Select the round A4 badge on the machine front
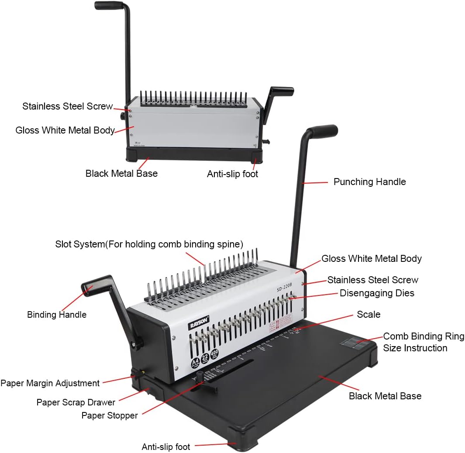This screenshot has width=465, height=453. pos(194,363)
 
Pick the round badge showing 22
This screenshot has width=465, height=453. pos(204,358)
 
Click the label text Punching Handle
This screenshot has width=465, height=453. pos(369,182)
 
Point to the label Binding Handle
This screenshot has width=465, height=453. pos(57,315)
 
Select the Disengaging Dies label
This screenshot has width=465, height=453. pos(377,293)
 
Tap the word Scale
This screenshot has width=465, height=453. pos(369,315)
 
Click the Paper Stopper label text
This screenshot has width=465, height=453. pos(110,415)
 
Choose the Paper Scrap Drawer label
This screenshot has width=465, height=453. pos(76,402)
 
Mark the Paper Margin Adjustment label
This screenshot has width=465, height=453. pos(50,383)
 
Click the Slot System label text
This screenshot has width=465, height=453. pos(149,244)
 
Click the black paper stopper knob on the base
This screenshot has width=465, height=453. pos(200,376)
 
